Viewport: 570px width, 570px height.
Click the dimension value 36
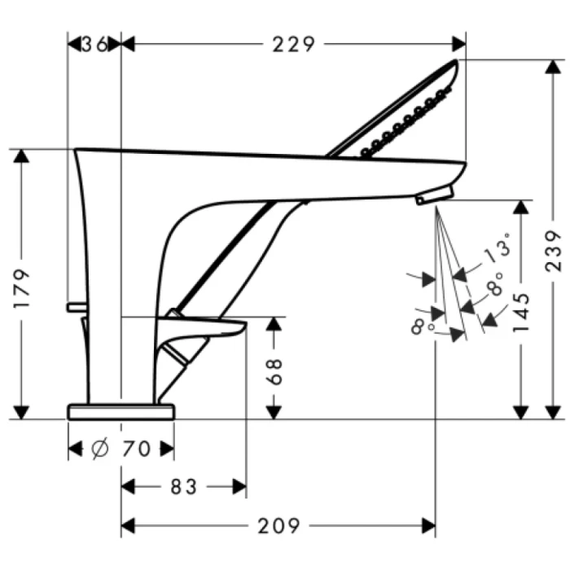click(95, 44)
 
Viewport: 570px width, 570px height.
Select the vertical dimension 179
click(24, 287)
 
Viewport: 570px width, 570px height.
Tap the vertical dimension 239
click(554, 251)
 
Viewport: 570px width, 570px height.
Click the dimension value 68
click(274, 371)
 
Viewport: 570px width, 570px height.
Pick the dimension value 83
click(183, 487)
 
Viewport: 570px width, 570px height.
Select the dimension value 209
click(278, 526)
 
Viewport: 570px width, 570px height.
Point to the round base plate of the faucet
click(121, 410)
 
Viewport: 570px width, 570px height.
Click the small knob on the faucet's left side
click(76, 306)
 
